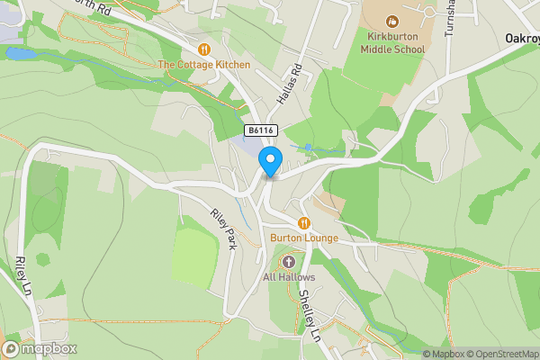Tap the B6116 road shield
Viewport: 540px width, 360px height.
pos(260,130)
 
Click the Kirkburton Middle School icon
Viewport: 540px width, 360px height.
pos(391,21)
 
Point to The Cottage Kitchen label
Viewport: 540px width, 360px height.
pos(203,65)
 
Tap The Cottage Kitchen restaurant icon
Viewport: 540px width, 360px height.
pos(204,49)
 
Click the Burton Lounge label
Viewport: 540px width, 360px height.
pos(303,238)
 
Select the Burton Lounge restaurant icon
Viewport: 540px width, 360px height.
pos(304,222)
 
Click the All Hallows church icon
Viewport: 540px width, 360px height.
pos(289,262)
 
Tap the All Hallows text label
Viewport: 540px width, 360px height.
pos(288,277)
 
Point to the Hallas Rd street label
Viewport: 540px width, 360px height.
pos(289,84)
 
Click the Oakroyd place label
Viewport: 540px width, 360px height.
pos(522,40)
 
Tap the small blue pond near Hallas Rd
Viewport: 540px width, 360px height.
pos(308,146)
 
